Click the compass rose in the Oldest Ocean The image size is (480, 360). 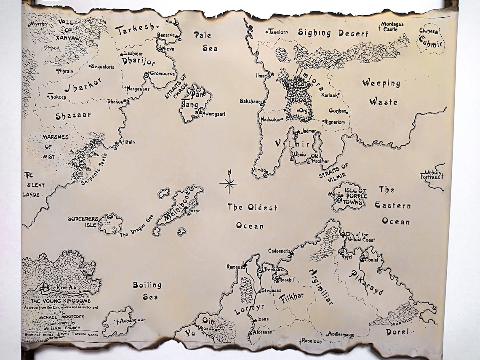(x=229, y=183)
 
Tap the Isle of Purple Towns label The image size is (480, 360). (x=356, y=196)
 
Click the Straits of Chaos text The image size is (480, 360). (x=176, y=86)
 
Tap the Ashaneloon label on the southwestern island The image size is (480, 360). (x=132, y=320)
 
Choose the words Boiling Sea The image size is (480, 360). (x=147, y=291)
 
